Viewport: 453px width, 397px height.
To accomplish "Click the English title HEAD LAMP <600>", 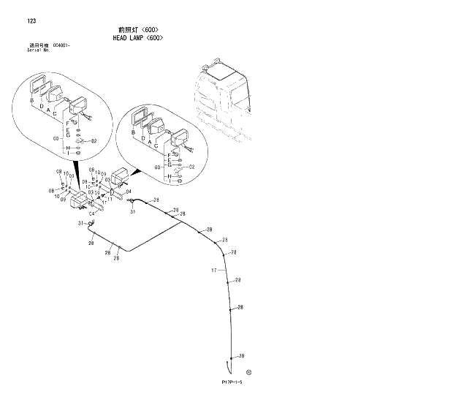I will (137, 37).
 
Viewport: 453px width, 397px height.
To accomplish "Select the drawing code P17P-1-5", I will (232, 382).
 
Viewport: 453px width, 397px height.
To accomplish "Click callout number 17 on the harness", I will (215, 271).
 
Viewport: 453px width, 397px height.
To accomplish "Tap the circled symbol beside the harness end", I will (249, 371).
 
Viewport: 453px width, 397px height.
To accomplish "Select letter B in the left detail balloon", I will (32, 99).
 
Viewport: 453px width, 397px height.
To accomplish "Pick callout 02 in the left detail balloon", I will (94, 141).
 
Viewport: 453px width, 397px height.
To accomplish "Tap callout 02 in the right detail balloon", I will (191, 167).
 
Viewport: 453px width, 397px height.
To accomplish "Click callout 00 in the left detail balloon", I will (56, 138).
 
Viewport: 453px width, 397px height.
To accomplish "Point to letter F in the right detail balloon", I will (169, 156).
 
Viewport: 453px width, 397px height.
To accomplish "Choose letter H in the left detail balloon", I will (67, 148).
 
